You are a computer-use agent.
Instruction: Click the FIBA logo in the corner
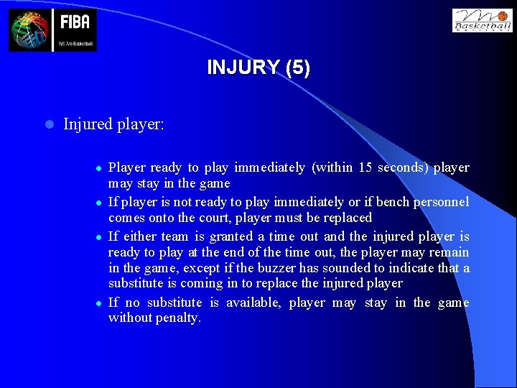(x=52, y=30)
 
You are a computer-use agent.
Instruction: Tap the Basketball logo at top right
(x=482, y=20)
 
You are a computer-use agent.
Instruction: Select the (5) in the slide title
(x=297, y=68)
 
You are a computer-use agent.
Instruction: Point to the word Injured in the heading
(x=89, y=124)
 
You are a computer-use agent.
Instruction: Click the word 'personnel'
(x=445, y=202)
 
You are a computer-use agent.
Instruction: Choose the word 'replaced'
(x=348, y=218)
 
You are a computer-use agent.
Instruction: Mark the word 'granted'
(x=231, y=236)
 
